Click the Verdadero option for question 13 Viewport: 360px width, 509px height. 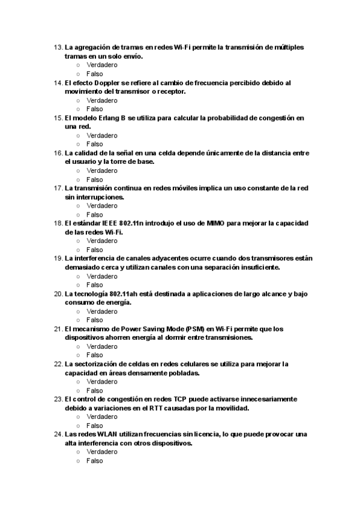click(101, 65)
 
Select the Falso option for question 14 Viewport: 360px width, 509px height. click(94, 109)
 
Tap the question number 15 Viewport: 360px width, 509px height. click(58, 118)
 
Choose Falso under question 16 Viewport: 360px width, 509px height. click(94, 179)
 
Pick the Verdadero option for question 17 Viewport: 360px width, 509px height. click(101, 206)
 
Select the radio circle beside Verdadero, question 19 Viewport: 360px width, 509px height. click(78, 277)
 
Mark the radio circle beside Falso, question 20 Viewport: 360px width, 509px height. click(78, 320)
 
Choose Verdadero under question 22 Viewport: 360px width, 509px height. click(101, 382)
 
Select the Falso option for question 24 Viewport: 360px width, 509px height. click(94, 461)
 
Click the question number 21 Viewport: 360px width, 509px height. click(58, 329)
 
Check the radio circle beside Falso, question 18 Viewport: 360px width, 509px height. click(78, 250)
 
